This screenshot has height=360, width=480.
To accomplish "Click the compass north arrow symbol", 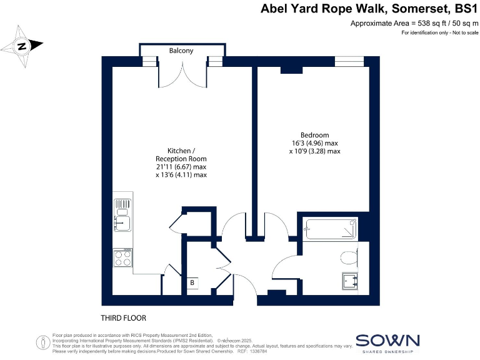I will click(x=22, y=45).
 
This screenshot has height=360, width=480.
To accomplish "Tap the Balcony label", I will click(x=181, y=50).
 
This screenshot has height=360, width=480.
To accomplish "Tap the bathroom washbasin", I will click(x=349, y=282).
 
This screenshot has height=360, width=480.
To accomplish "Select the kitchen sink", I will click(x=122, y=220).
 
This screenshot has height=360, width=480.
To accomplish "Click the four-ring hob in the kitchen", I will click(x=122, y=258).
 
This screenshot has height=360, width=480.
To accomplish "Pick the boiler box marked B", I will click(x=192, y=282).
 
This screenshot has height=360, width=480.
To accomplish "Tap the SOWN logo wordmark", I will click(x=387, y=341).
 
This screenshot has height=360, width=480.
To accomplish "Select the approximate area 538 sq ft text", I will click(x=414, y=24).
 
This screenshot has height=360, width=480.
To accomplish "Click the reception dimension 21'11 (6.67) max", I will click(x=181, y=167).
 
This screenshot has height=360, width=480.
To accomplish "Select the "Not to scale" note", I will click(x=459, y=32).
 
